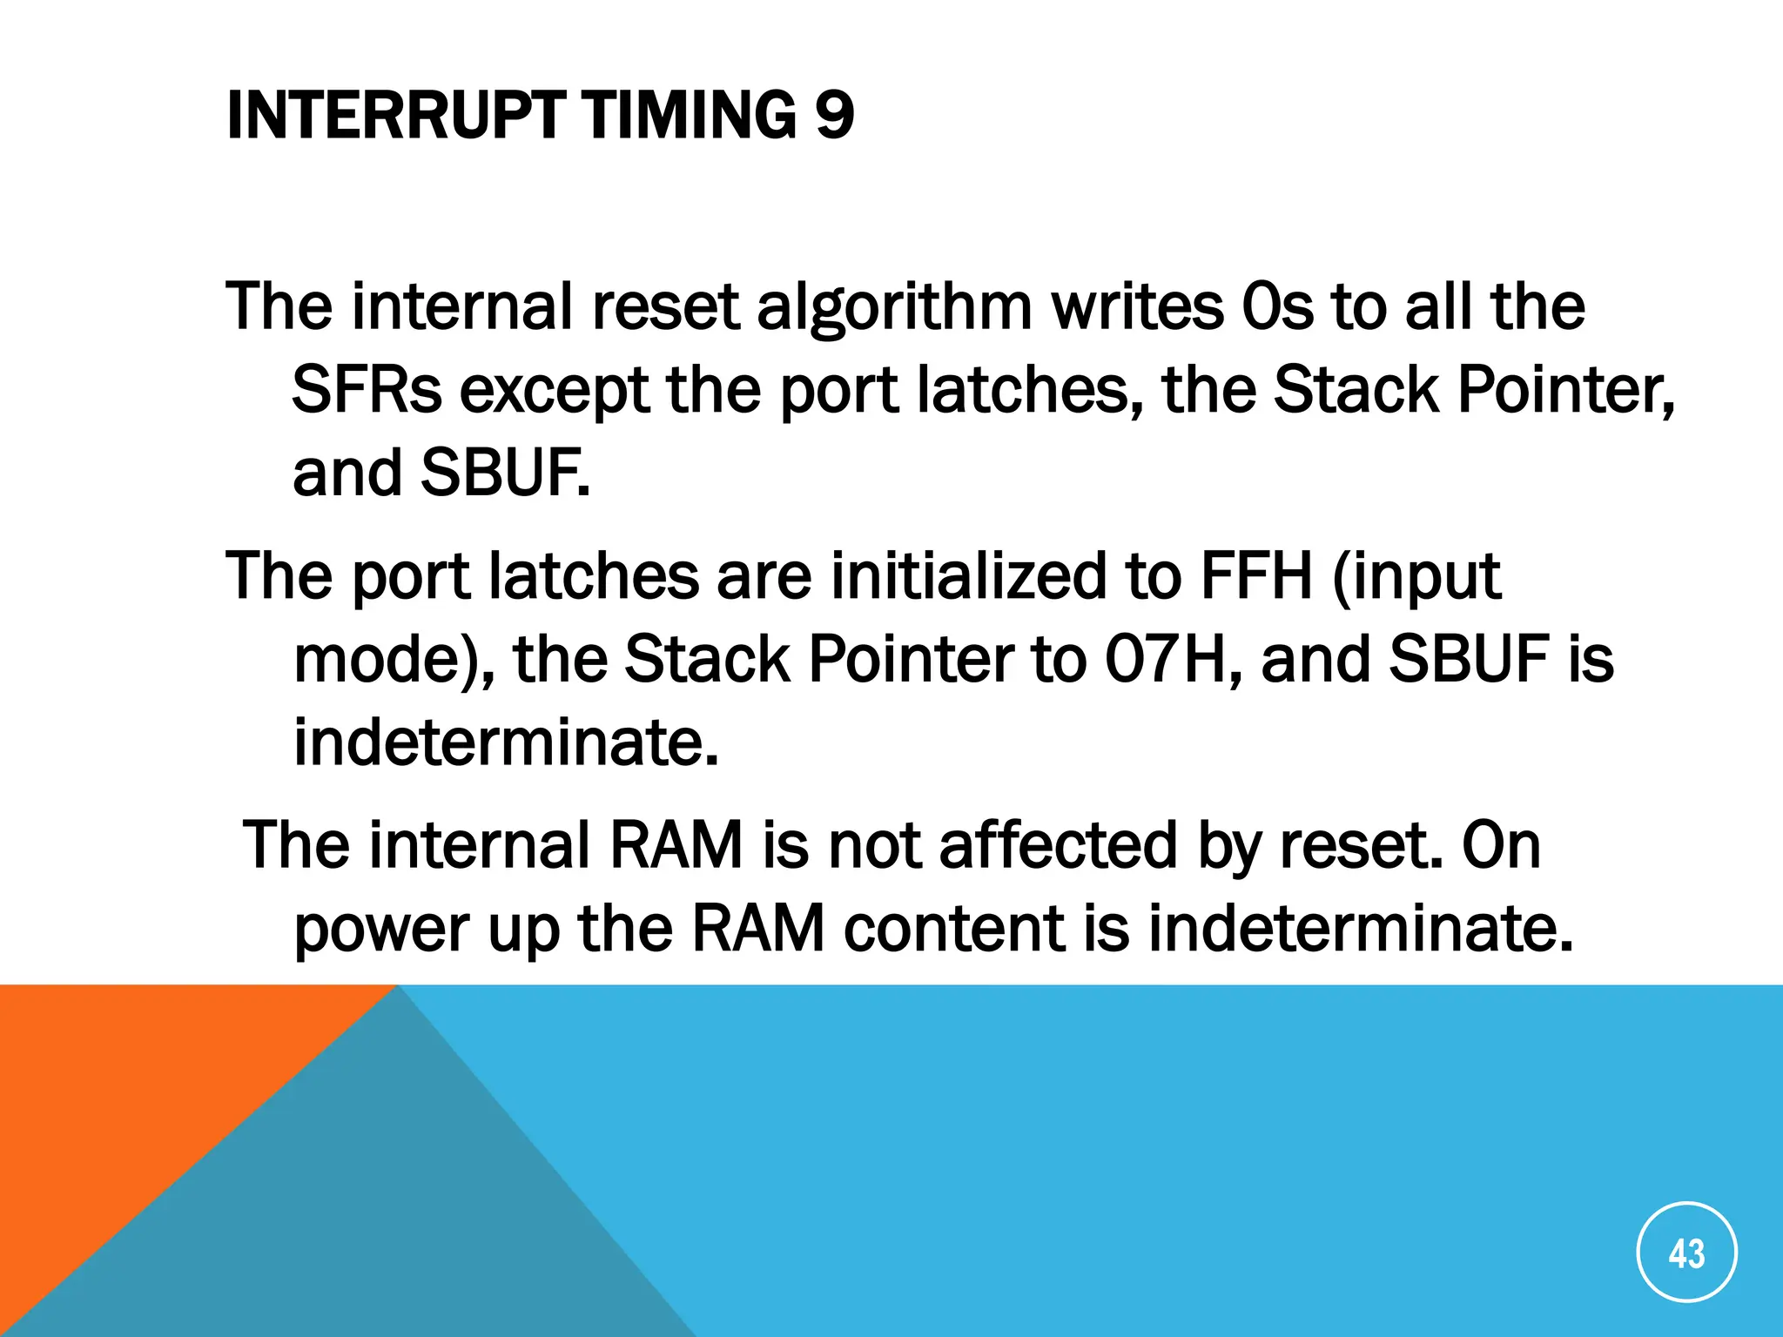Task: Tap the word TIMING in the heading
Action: pos(689,115)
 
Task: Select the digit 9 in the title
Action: pos(835,115)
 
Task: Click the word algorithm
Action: pos(894,308)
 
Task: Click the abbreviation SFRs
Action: pos(367,390)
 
